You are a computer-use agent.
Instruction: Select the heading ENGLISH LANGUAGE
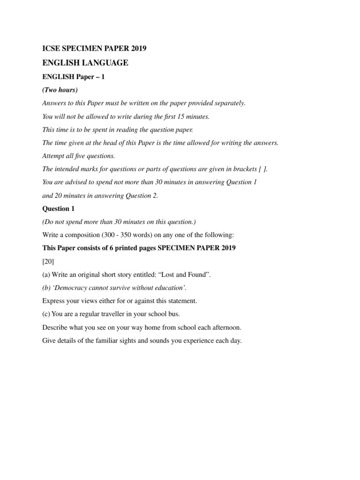[85, 63]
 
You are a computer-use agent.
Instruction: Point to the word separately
[229, 103]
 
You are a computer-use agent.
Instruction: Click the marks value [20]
[48, 261]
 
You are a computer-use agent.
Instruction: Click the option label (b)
[47, 288]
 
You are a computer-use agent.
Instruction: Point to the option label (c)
[47, 314]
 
